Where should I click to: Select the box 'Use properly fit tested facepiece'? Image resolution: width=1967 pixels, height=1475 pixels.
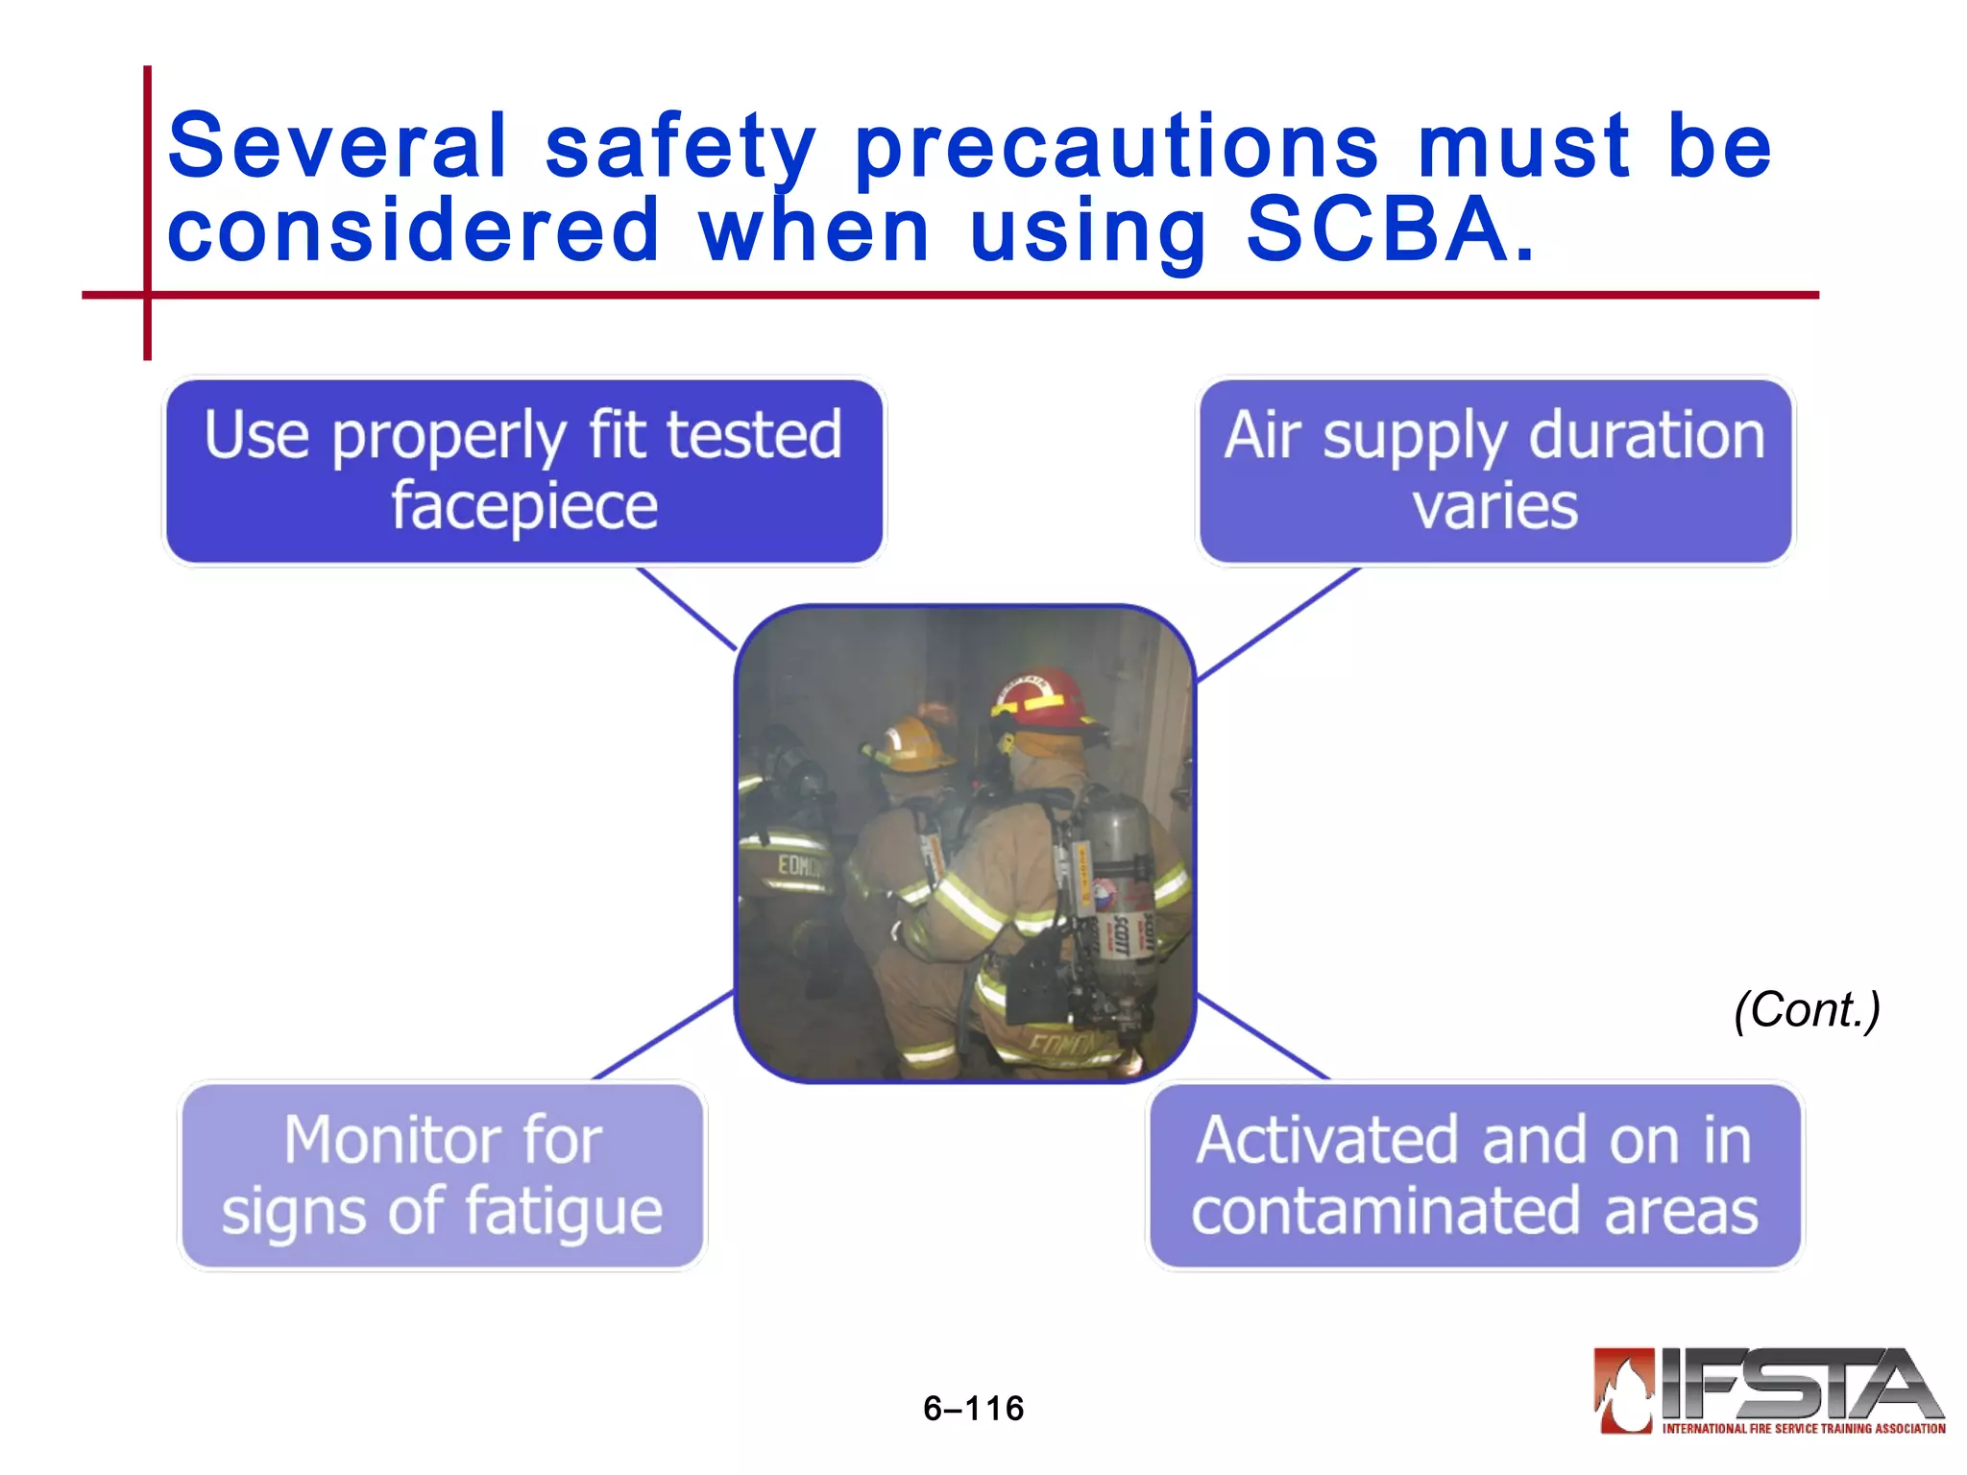click(x=524, y=471)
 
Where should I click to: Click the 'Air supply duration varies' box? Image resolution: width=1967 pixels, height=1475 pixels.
click(x=1494, y=471)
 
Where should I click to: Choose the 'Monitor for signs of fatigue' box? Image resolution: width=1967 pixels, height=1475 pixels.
click(x=442, y=1175)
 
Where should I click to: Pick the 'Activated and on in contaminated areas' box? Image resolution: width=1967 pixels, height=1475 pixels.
click(x=1475, y=1175)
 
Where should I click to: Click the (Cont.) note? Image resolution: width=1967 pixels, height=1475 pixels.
click(x=1807, y=1010)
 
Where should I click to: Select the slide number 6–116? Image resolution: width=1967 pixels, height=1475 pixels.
click(x=973, y=1409)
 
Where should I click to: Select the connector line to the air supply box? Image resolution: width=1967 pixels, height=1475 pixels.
click(x=1277, y=624)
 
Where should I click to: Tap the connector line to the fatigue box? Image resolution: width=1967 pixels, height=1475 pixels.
click(x=663, y=1035)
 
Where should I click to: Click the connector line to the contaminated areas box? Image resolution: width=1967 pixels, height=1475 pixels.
click(x=1264, y=1037)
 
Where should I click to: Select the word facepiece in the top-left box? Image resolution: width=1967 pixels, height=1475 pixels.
click(x=524, y=506)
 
